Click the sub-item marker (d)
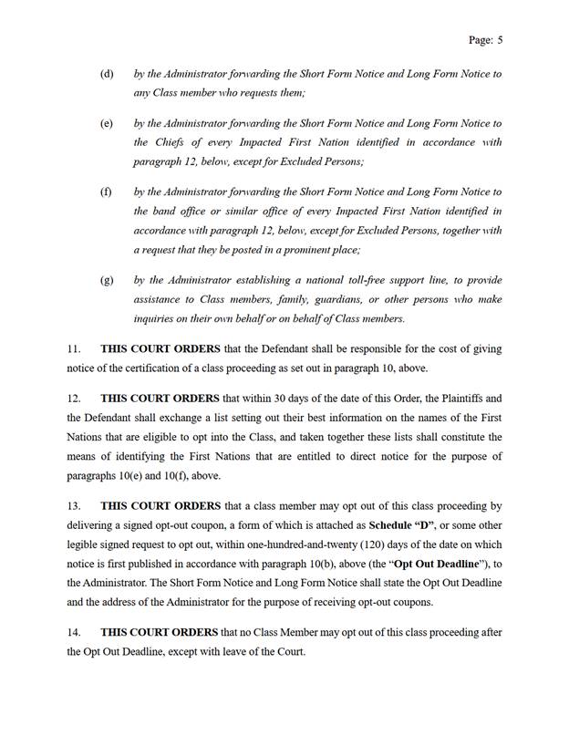coord(107,73)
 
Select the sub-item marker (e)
coord(107,123)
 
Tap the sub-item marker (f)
coord(107,192)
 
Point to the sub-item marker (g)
coord(107,280)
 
